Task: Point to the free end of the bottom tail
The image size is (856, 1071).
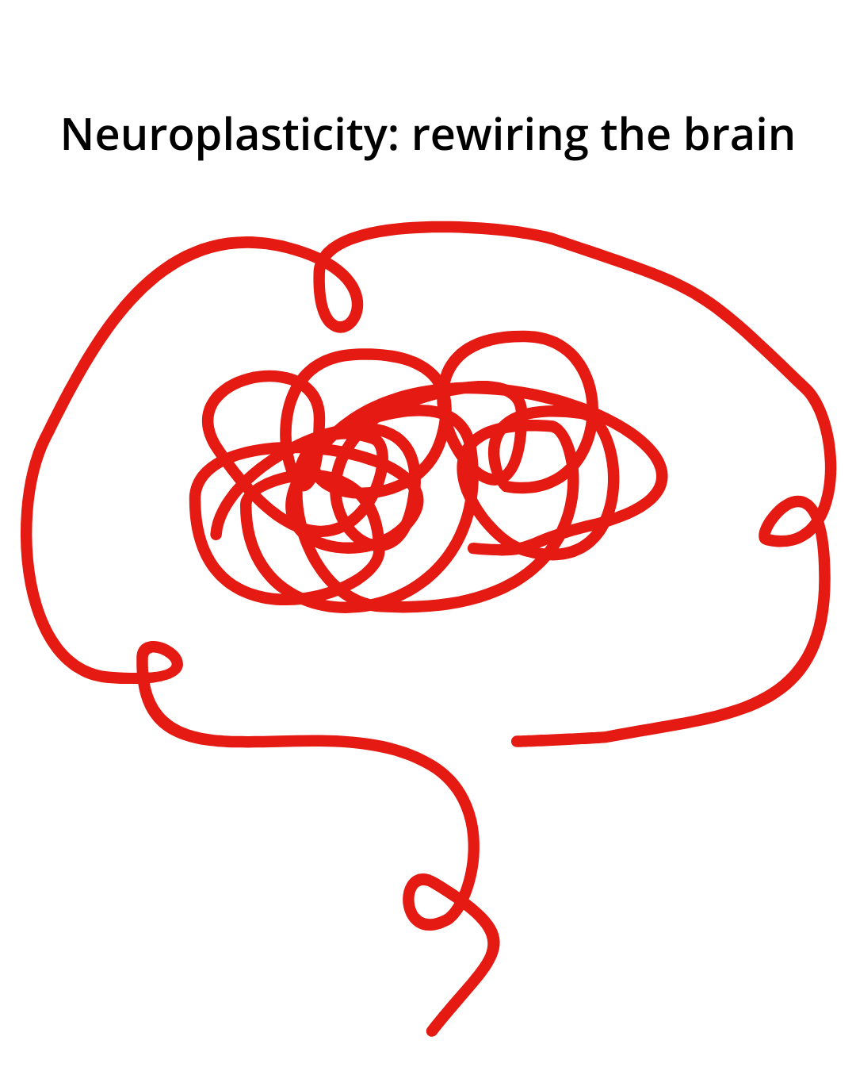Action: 431,1032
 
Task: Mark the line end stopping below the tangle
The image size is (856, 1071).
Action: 516,741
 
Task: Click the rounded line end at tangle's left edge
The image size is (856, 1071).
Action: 216,535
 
